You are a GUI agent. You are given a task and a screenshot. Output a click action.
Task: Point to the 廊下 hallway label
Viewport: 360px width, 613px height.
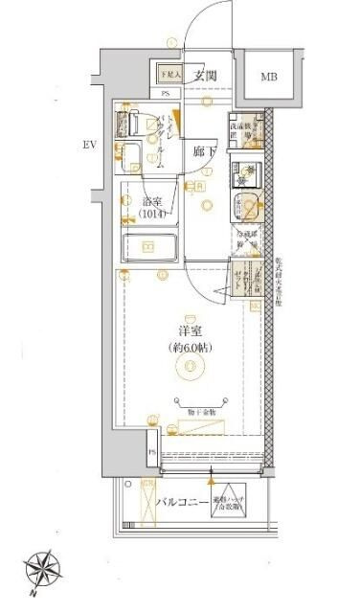click(202, 151)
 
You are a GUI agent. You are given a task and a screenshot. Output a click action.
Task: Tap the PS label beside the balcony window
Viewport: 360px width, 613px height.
click(151, 452)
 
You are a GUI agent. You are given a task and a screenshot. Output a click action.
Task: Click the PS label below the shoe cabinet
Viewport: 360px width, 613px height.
click(166, 94)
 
